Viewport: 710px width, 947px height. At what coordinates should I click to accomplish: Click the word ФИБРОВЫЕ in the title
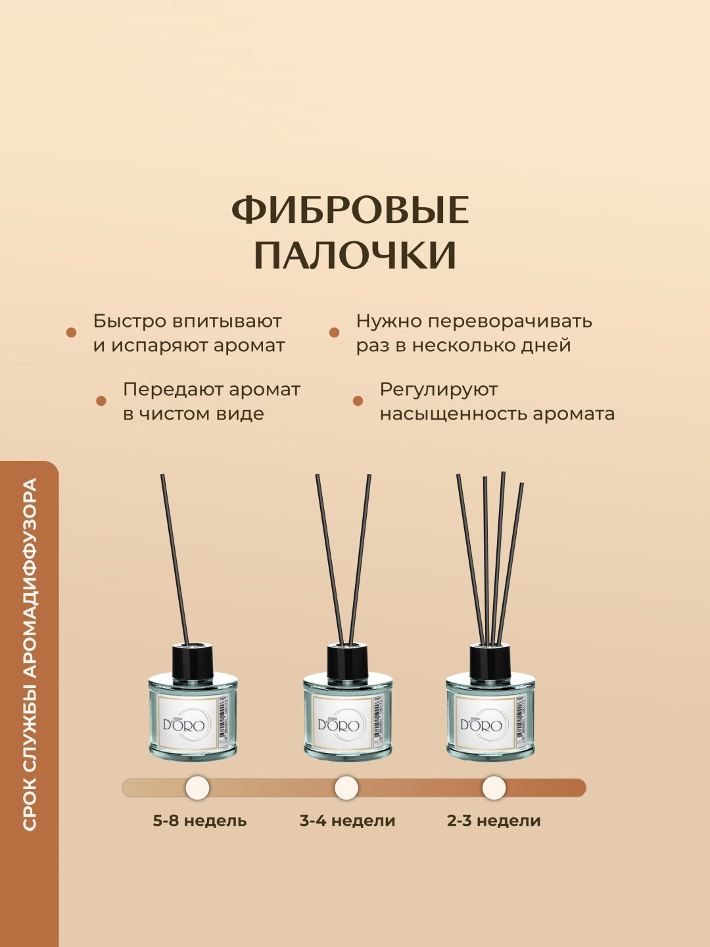point(350,210)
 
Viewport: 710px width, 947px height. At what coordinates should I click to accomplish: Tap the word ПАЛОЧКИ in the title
point(355,255)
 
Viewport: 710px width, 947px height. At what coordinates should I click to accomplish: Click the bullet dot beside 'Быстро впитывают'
point(72,333)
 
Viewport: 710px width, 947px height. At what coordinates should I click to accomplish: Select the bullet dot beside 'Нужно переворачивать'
point(334,333)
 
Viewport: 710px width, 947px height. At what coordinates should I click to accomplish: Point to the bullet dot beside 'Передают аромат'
point(101,401)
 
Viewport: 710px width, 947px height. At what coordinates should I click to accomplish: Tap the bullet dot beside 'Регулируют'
point(358,401)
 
